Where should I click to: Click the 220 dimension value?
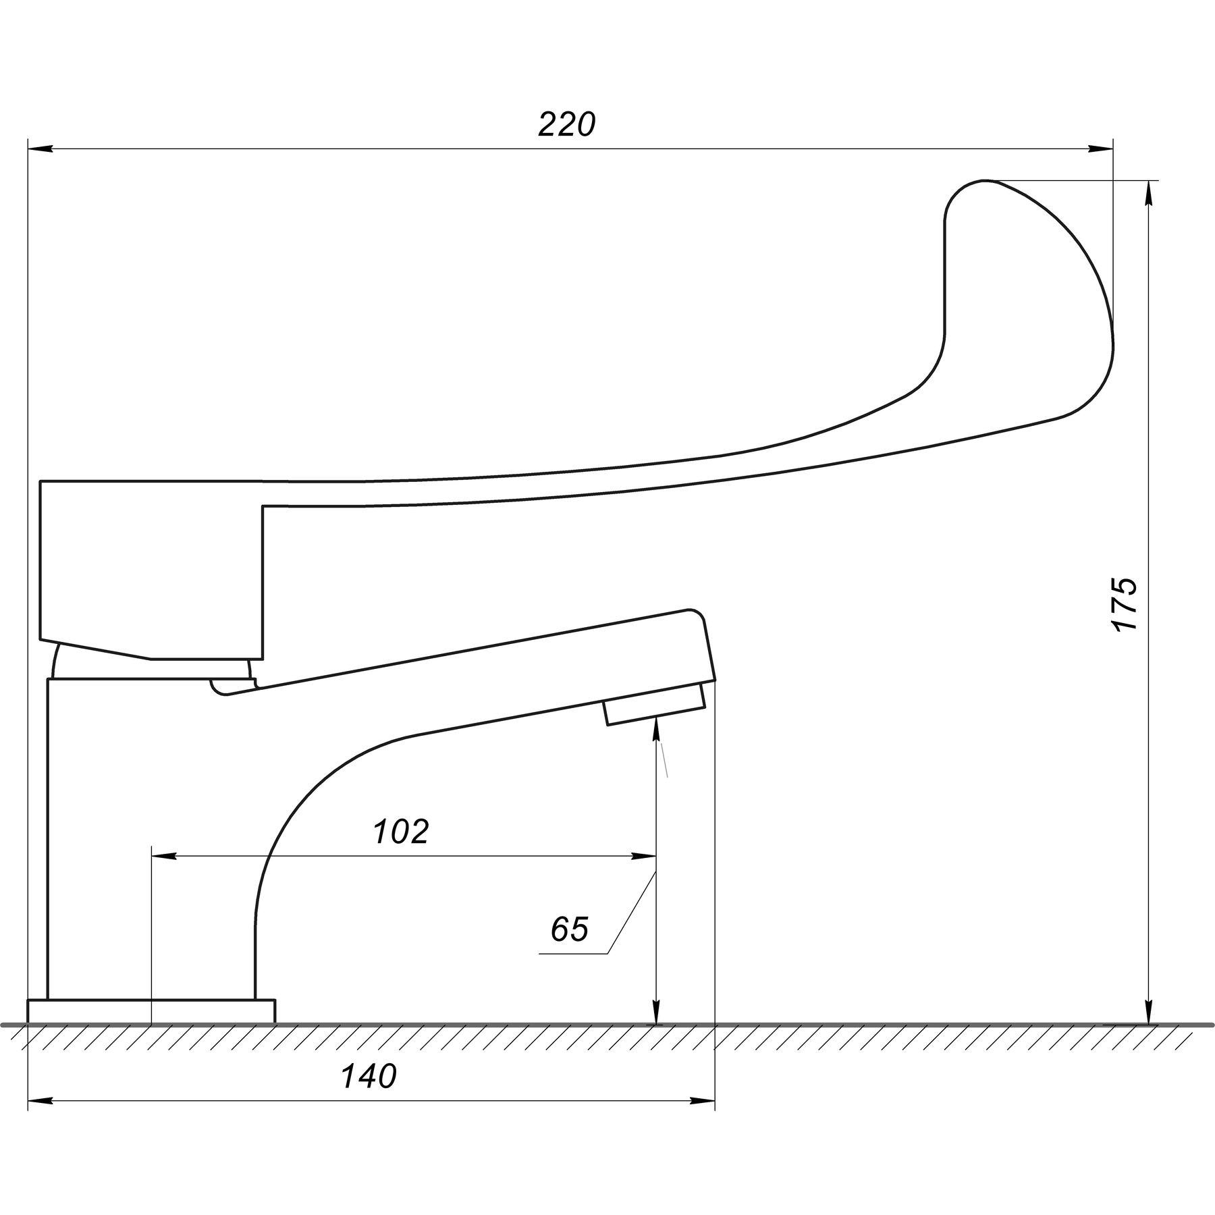[567, 125]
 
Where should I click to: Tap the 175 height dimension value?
[1125, 604]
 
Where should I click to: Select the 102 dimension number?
[401, 832]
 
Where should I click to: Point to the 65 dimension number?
[569, 930]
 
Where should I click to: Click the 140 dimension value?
[369, 1077]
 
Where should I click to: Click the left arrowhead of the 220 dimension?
[40, 149]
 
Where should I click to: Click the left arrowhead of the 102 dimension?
[165, 856]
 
